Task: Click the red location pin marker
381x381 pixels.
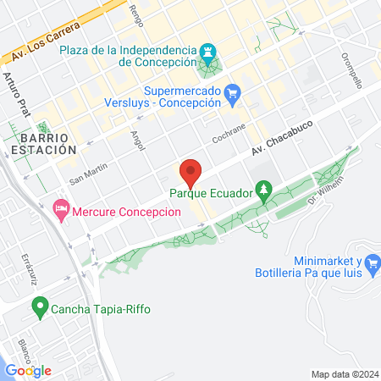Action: [x=190, y=172]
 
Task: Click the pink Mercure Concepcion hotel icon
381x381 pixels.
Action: [x=60, y=207]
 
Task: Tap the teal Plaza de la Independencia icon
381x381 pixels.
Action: [x=208, y=52]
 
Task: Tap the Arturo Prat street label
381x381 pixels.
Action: [x=21, y=93]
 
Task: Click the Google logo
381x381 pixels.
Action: [x=28, y=370]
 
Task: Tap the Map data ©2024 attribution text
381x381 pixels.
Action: [x=343, y=373]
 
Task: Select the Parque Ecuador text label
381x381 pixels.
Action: [x=211, y=194]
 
